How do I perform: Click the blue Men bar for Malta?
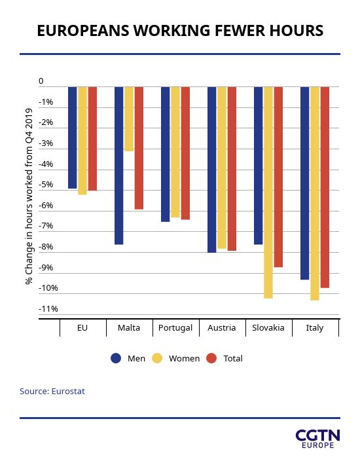tap(119, 166)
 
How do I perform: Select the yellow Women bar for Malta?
tap(129, 119)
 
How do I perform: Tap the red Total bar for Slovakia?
tap(278, 177)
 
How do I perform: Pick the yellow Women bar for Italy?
tap(315, 194)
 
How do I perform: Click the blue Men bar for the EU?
tap(72, 138)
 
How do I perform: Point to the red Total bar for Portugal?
tap(185, 153)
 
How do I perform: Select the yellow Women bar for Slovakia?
tap(268, 193)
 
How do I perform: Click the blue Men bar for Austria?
tap(211, 170)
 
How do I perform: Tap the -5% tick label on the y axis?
tap(46, 185)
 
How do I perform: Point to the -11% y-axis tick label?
tap(48, 309)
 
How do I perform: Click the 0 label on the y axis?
tap(41, 81)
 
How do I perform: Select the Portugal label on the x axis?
tap(175, 327)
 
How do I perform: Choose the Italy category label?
tap(315, 327)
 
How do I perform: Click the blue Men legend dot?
tap(116, 358)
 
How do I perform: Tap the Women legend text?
tap(184, 359)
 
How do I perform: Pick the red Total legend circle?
tap(211, 358)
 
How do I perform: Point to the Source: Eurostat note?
tap(52, 392)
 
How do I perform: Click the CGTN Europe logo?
tap(317, 439)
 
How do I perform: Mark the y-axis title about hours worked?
tap(29, 196)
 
